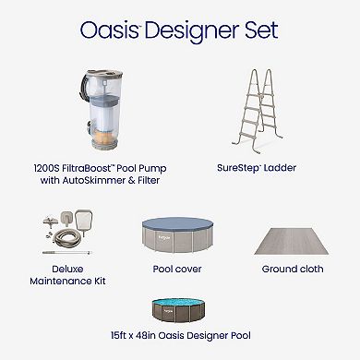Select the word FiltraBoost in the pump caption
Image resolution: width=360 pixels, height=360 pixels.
pos(103,171)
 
